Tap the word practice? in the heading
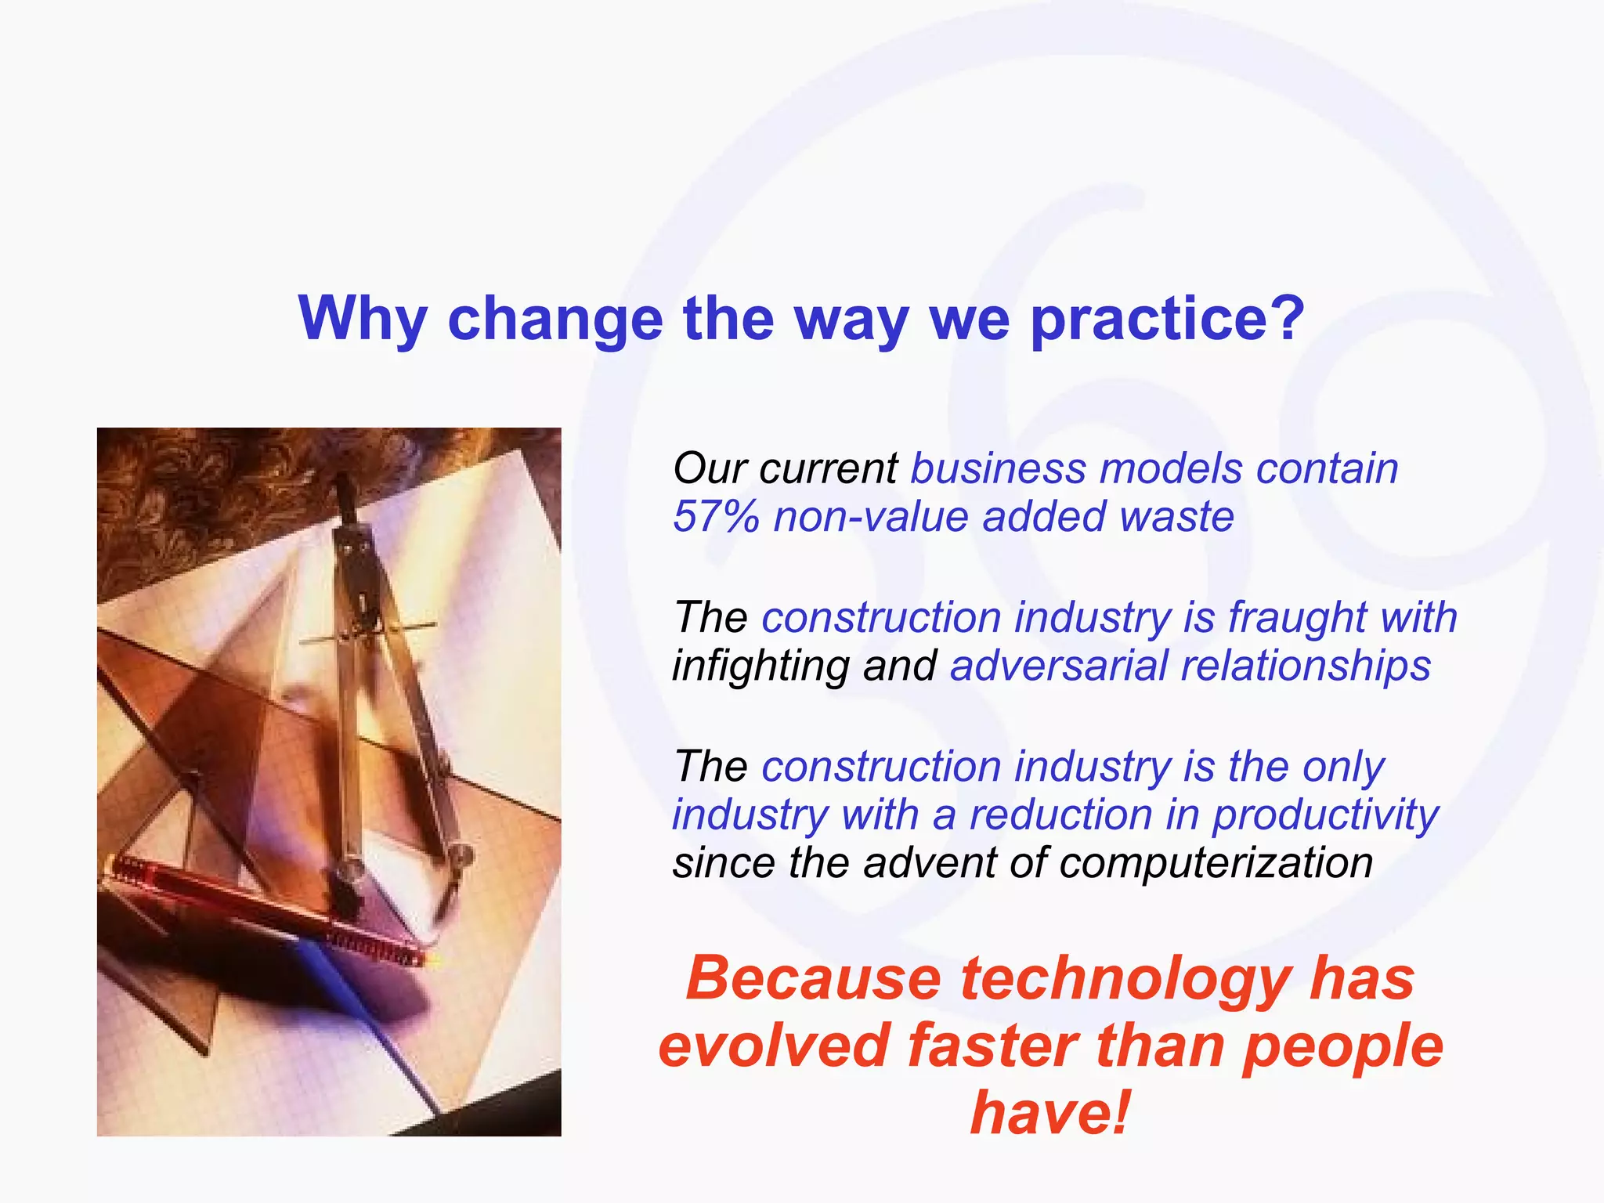coord(1167,320)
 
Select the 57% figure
coord(715,517)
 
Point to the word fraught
coord(1296,617)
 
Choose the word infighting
coord(760,666)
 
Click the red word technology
coord(1126,979)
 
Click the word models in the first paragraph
coord(1170,468)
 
